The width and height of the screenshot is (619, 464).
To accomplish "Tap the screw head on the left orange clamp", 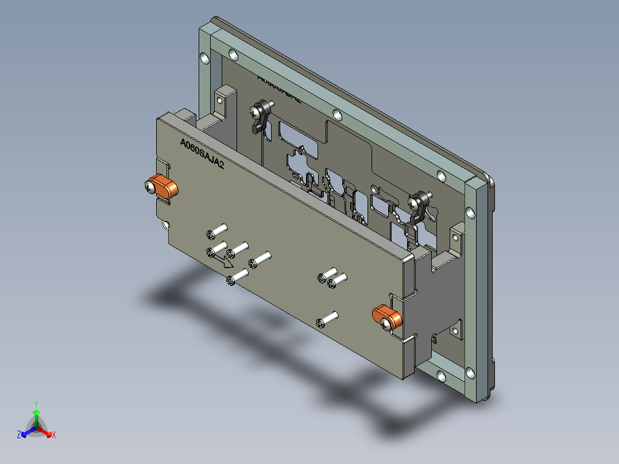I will [x=150, y=186].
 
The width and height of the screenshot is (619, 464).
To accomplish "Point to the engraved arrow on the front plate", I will [x=222, y=260].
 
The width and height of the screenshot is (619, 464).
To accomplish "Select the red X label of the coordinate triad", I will [x=53, y=435].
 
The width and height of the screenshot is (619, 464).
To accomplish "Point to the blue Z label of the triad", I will [x=19, y=435].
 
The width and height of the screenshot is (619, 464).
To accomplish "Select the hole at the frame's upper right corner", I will [x=440, y=176].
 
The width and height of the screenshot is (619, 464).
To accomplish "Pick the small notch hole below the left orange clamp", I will [x=166, y=225].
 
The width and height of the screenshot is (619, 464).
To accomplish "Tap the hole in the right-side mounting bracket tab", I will [x=458, y=234].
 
